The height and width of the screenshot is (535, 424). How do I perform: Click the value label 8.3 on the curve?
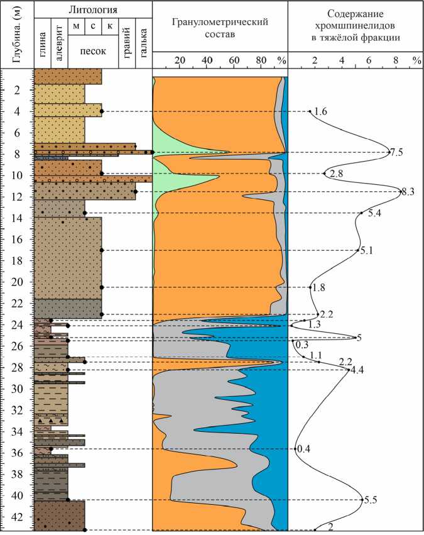pyautogui.click(x=408, y=192)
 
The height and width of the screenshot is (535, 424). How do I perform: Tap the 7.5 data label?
pyautogui.click(x=396, y=152)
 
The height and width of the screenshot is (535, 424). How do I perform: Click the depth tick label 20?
pyautogui.click(x=17, y=282)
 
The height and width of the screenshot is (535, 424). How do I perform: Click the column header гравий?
pyautogui.click(x=126, y=43)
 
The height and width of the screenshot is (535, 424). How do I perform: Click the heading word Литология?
pyautogui.click(x=93, y=10)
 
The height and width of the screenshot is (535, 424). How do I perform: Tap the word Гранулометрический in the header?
pyautogui.click(x=220, y=22)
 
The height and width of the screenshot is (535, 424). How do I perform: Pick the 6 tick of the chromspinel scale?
pyautogui.click(x=369, y=60)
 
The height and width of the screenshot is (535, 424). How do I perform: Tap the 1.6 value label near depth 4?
pyautogui.click(x=320, y=112)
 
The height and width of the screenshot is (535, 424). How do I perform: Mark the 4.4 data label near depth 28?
pyautogui.click(x=357, y=370)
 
